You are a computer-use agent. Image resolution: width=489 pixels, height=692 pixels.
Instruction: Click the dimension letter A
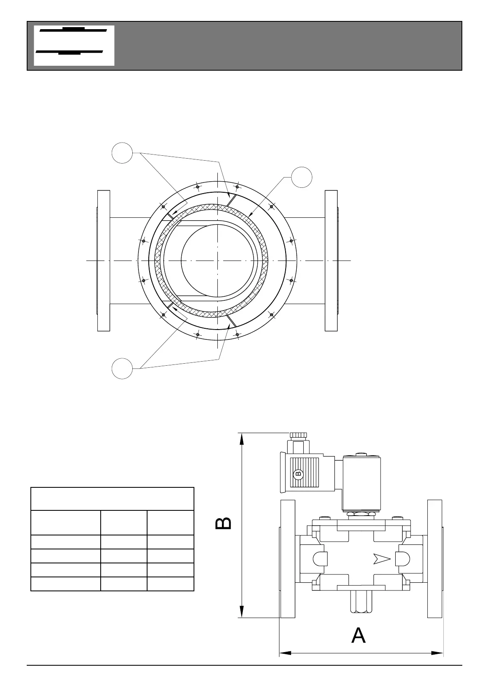[x=358, y=635]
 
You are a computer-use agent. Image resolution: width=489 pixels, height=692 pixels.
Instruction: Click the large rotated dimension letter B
[x=224, y=524]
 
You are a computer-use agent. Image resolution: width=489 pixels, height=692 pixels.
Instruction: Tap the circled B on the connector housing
[x=298, y=473]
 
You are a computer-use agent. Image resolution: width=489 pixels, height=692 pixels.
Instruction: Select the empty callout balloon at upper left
[x=122, y=153]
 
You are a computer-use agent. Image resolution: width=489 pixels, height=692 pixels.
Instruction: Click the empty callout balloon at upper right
[x=302, y=178]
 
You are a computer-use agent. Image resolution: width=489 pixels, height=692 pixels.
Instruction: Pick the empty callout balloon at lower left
[x=122, y=368]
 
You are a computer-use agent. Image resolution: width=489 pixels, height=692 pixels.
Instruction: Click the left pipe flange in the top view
[x=104, y=261]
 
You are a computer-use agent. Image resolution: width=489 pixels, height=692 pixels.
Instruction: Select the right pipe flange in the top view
[x=331, y=261]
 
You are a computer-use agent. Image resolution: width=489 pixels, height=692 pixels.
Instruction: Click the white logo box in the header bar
[x=74, y=46]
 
